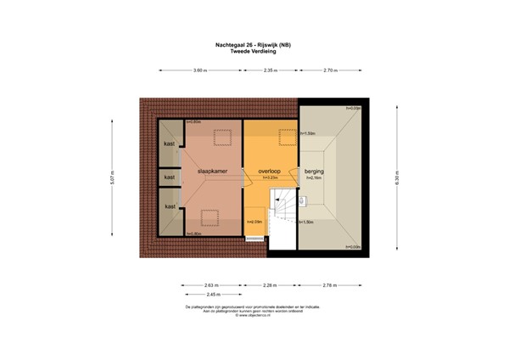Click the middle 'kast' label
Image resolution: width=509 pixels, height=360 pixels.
(170, 177)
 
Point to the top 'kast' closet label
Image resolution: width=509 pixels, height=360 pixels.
(170, 143)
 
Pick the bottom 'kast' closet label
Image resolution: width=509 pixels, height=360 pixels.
(170, 206)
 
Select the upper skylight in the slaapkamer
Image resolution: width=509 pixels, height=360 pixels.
(223, 135)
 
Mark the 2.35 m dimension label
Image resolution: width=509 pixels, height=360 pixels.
(271, 69)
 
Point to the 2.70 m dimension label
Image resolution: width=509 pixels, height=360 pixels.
(331, 69)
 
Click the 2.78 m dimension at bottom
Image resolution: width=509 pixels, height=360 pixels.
(331, 284)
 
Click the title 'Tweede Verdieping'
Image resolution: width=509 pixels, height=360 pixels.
(255, 51)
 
